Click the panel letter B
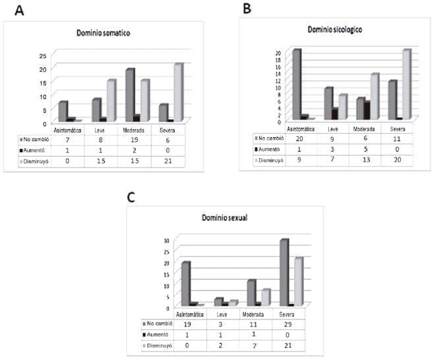point(246,9)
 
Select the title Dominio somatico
point(103,33)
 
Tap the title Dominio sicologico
point(335,30)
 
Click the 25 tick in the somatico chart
point(43,56)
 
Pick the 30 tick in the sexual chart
point(167,240)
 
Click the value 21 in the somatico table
point(167,162)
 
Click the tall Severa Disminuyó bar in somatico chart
point(178,92)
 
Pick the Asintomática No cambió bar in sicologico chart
point(297,84)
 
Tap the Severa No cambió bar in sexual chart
point(283,272)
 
